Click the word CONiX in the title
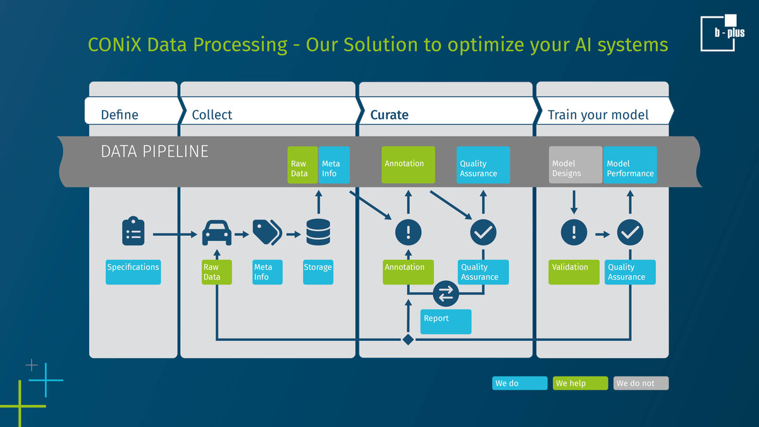114,45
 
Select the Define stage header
120,114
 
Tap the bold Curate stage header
389,114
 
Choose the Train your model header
598,114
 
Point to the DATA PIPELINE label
154,152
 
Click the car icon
216,233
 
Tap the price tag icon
266,233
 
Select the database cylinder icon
318,233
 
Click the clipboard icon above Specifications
133,232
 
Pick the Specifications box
133,272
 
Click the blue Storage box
318,272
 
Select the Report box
446,321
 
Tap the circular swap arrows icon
446,294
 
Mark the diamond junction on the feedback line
408,340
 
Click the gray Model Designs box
575,165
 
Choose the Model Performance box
630,165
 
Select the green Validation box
574,272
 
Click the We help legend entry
580,383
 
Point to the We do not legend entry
641,383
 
